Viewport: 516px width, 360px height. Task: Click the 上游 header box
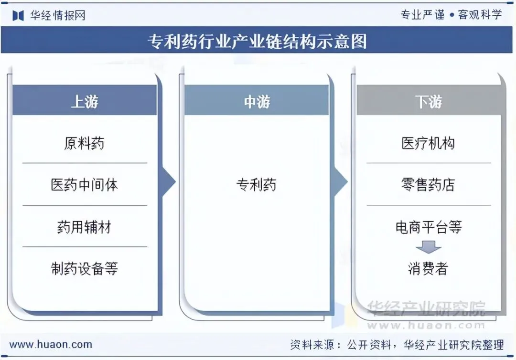[x=85, y=101]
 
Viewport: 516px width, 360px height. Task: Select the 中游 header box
[x=257, y=101]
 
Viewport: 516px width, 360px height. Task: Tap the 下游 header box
[x=429, y=101]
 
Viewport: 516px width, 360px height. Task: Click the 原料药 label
[x=85, y=143]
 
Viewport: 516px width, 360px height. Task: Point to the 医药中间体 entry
[x=85, y=185]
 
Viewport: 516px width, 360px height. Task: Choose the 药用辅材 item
[x=85, y=227]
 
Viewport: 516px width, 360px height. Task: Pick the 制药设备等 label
[x=85, y=268]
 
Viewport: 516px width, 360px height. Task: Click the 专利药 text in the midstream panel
[x=257, y=185]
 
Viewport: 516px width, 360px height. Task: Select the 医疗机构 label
[x=429, y=143]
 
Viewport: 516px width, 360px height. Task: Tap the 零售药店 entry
[x=429, y=185]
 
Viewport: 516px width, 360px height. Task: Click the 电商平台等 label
[x=429, y=227]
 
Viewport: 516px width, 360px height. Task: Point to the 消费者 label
[x=429, y=269]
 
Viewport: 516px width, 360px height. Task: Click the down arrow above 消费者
[x=429, y=248]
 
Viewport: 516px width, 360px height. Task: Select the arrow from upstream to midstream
[x=168, y=182]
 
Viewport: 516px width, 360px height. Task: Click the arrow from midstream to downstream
[x=340, y=182]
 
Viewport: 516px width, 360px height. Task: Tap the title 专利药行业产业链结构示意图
[x=258, y=42]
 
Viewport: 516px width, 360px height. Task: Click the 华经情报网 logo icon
[x=18, y=15]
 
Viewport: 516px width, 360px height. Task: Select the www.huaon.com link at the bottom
[x=51, y=344]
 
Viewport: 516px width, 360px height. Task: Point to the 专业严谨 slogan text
[x=422, y=15]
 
